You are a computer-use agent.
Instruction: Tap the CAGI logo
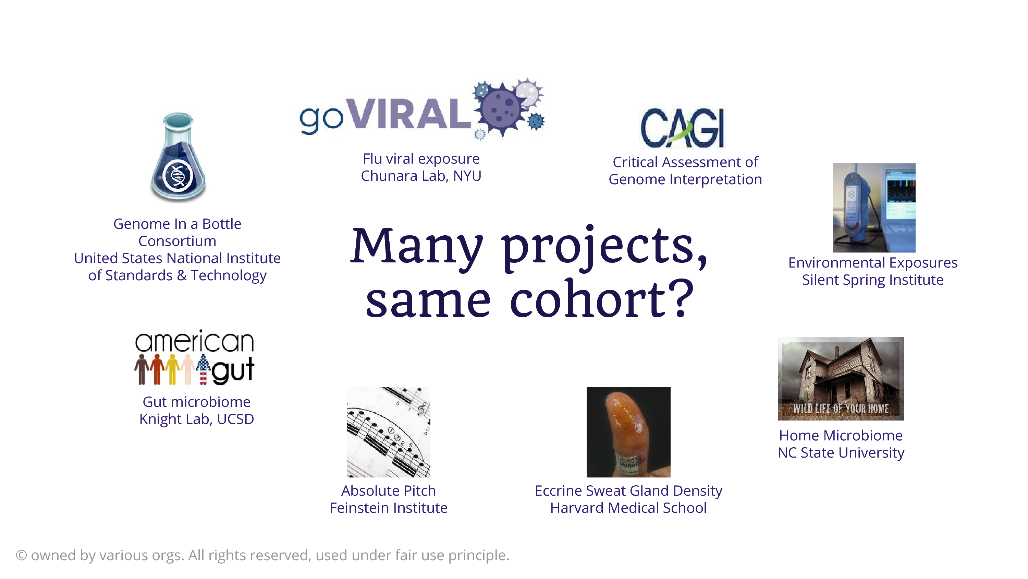click(682, 128)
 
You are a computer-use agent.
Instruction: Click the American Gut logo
click(194, 357)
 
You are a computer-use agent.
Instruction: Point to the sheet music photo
click(389, 432)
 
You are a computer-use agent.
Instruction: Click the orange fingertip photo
click(628, 432)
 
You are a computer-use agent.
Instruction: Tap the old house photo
click(841, 378)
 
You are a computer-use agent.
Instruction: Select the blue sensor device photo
click(874, 208)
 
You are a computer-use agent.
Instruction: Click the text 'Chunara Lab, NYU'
click(421, 176)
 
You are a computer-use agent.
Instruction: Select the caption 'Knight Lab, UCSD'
click(197, 419)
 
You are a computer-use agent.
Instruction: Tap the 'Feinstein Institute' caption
click(389, 508)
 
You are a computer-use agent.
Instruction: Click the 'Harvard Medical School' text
click(628, 508)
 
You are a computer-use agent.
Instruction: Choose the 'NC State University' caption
click(841, 453)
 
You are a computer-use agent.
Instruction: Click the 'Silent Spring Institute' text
click(873, 280)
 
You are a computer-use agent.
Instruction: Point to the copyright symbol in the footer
click(21, 555)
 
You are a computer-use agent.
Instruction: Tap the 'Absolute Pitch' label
click(389, 491)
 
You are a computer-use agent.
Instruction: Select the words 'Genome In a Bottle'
click(177, 224)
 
